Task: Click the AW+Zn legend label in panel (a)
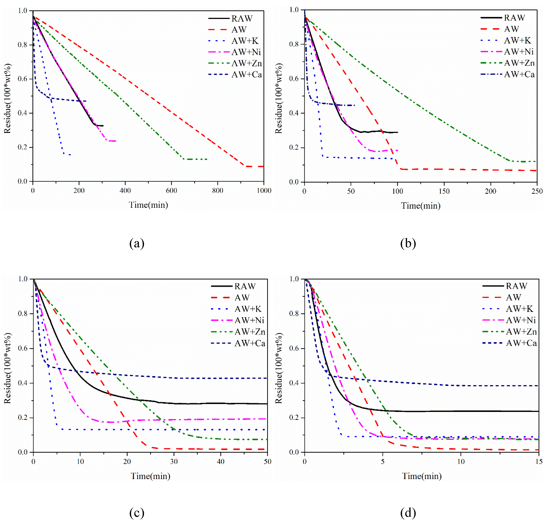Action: tap(246, 63)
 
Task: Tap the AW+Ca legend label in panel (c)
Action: tap(250, 343)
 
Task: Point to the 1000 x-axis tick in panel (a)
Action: tap(264, 191)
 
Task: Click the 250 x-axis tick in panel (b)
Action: tap(537, 191)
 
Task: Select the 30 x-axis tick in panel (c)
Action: tap(174, 461)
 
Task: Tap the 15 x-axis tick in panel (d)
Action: tap(539, 461)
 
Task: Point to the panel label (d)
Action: tap(408, 513)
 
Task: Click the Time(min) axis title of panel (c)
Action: tap(150, 476)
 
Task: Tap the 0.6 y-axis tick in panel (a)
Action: tap(22, 79)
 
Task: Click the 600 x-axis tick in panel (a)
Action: tap(171, 191)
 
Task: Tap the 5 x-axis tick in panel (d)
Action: tap(383, 461)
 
